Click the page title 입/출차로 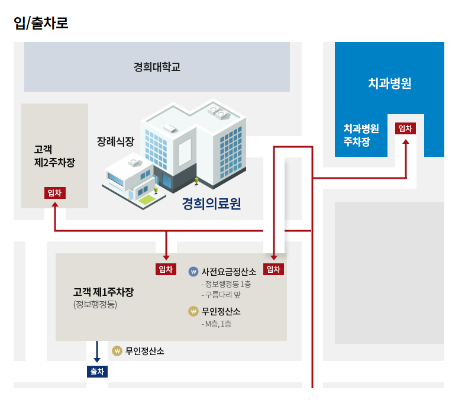(41, 23)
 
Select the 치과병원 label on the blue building (389, 83)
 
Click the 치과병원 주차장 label (361, 135)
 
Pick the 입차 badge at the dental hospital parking (405, 128)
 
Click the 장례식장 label (116, 141)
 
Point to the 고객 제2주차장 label (54, 156)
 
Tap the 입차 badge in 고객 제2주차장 (54, 193)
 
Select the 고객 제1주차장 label (104, 292)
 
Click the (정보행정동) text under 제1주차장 (95, 305)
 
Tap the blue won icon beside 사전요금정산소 (193, 272)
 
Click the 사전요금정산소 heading (229, 272)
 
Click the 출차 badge (97, 372)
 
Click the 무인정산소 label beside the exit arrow (144, 352)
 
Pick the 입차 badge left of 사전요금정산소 (166, 269)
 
